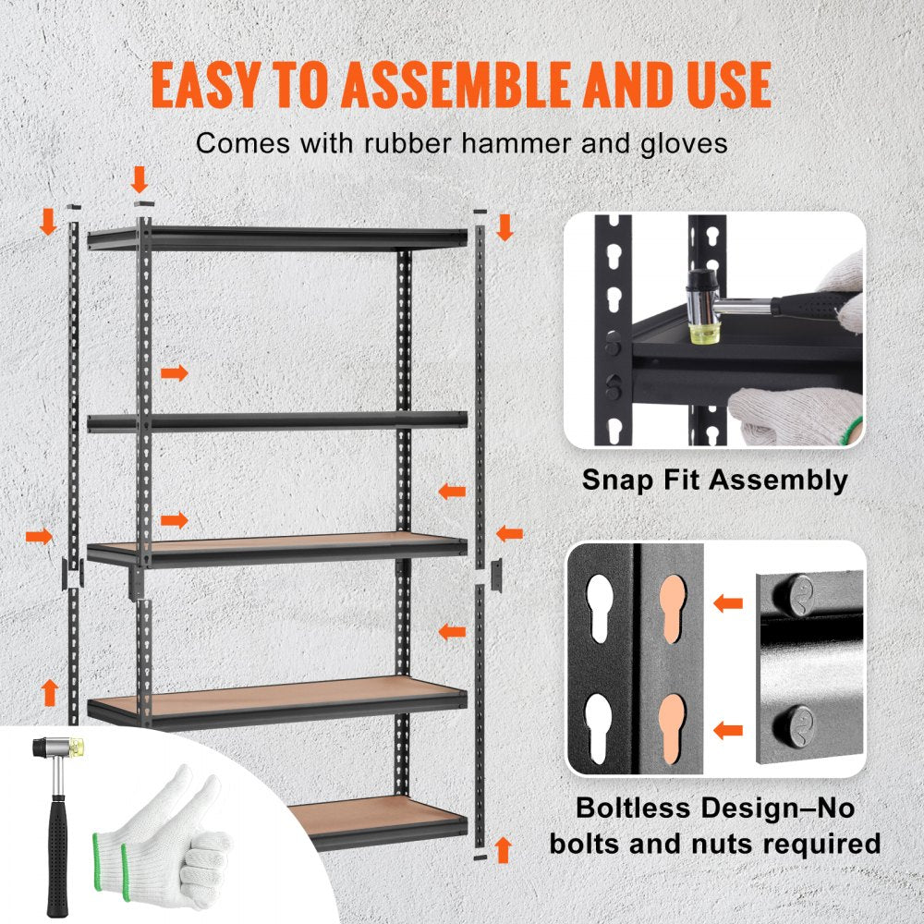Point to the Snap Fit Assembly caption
pyautogui.click(x=714, y=480)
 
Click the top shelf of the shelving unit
pyautogui.click(x=277, y=237)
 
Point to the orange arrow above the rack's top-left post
pyautogui.click(x=140, y=177)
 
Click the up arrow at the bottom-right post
pyautogui.click(x=504, y=848)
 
